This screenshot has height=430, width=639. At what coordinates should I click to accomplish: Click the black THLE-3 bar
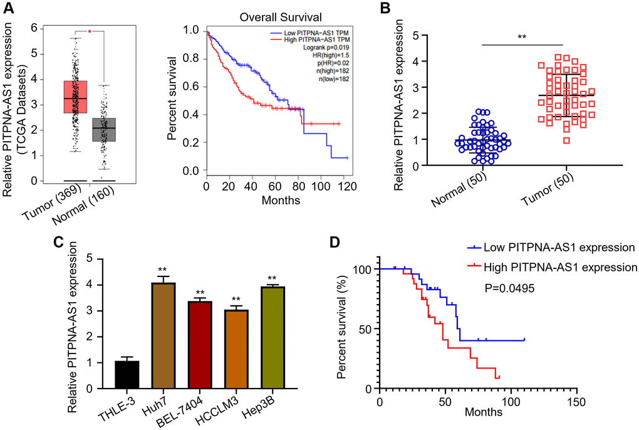tap(110, 375)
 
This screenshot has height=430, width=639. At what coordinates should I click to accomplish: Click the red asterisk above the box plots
tap(90, 31)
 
